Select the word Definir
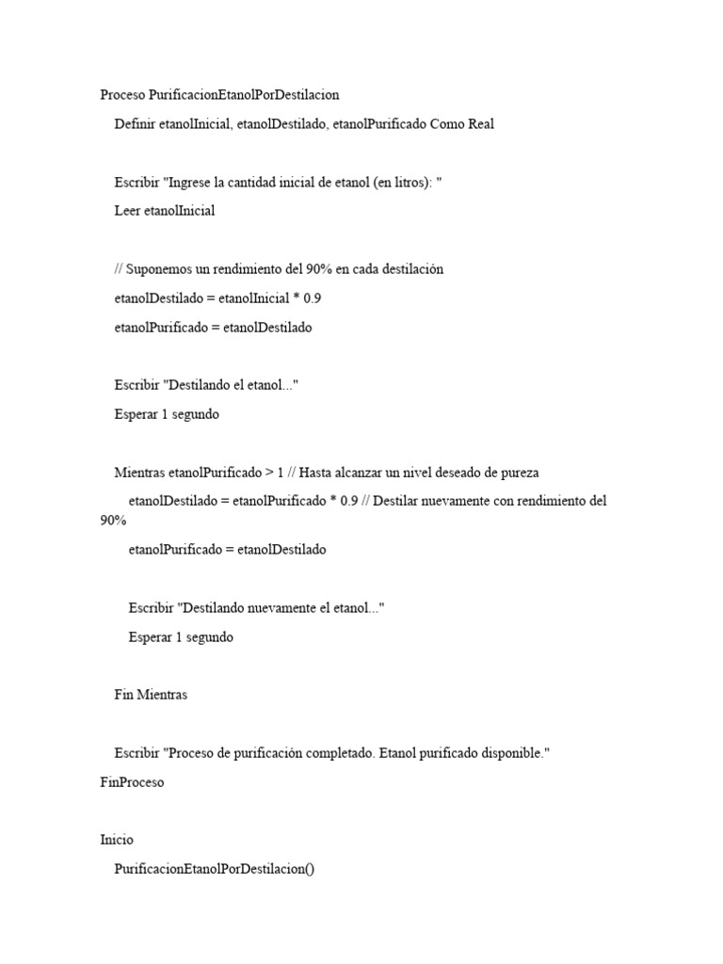pos(135,123)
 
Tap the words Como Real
pos(461,123)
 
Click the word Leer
pos(127,211)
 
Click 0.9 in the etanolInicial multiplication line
pos(313,298)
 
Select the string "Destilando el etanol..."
pos(231,385)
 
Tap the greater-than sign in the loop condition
pos(269,473)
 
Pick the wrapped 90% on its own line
pos(113,521)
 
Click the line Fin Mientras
pos(151,695)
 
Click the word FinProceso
pos(132,782)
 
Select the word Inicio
pos(117,840)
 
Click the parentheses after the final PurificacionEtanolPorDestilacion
pos(309,869)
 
